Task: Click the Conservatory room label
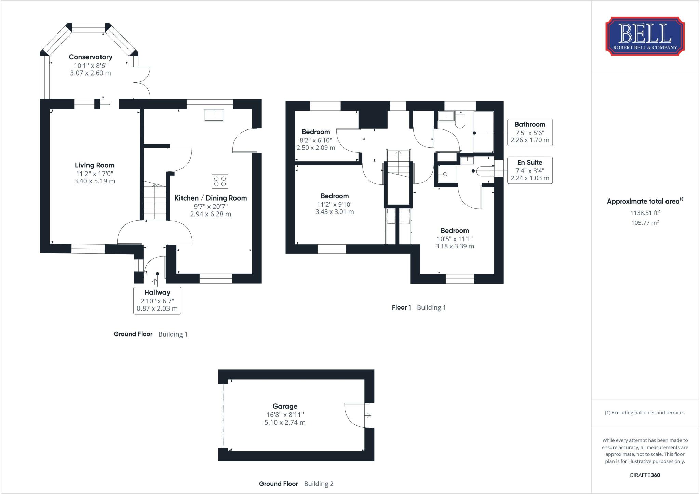91,57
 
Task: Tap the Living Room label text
95,165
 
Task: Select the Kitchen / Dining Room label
211,198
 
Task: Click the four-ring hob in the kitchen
220,181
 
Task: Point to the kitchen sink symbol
214,115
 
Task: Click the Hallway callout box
157,301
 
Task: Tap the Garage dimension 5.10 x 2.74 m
285,423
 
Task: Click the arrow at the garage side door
368,415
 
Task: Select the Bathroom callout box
530,132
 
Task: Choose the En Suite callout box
530,170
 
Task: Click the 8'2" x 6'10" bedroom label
316,140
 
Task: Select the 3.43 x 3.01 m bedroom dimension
335,212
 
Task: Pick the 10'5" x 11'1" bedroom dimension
455,239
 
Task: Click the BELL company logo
645,37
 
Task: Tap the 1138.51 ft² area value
645,213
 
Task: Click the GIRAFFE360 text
645,475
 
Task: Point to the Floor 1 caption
402,307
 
